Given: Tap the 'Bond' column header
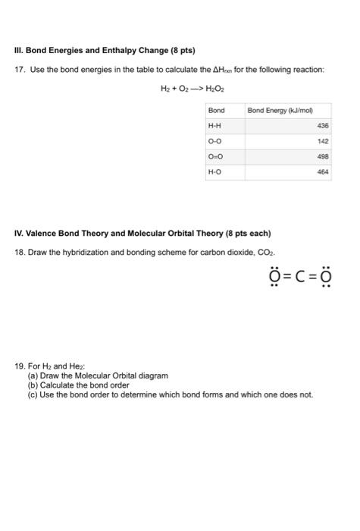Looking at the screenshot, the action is click(x=216, y=111).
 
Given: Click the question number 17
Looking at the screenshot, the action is click(x=20, y=70).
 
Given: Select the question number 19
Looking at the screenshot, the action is click(x=20, y=367).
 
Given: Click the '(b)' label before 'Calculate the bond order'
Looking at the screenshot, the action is click(x=33, y=385).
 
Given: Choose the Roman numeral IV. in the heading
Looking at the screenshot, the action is click(x=20, y=232).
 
